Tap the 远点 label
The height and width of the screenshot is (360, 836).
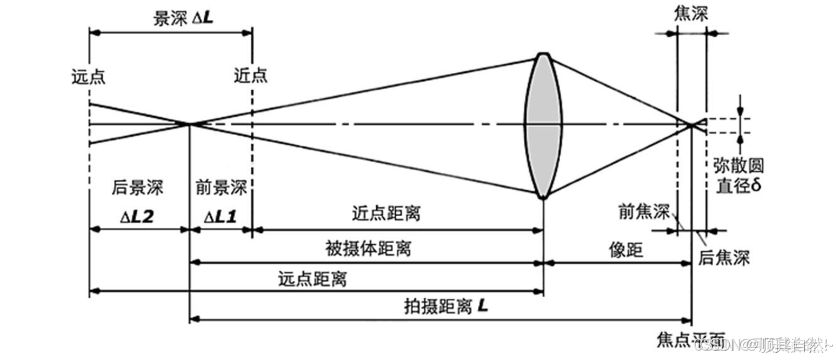point(88,76)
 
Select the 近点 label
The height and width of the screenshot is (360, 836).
point(251,76)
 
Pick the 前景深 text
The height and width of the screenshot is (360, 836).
point(221,189)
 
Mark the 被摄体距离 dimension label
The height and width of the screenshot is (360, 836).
point(368,248)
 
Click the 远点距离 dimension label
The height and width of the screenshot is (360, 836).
point(313,278)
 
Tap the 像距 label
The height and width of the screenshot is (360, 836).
point(627,250)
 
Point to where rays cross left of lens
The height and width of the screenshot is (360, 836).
point(190,124)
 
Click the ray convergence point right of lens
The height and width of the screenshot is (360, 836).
point(692,124)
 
